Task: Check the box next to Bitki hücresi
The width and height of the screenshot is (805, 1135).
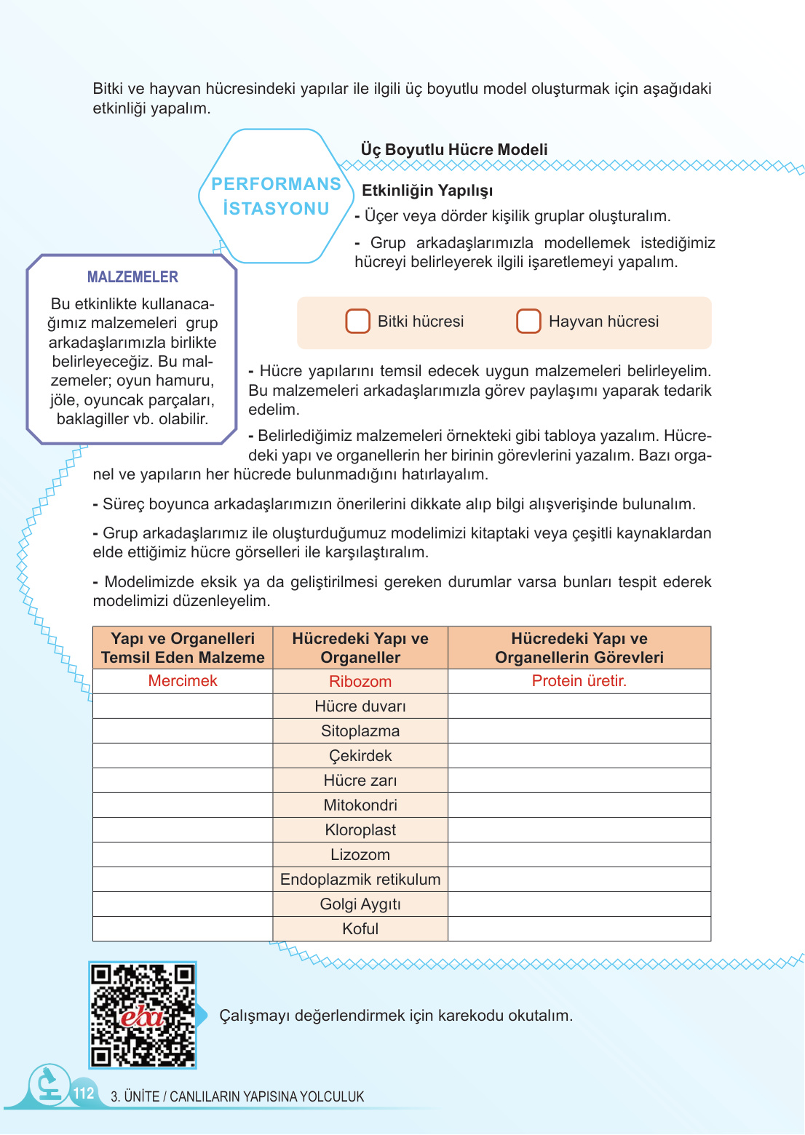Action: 357,321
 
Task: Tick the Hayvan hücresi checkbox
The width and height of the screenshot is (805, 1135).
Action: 528,321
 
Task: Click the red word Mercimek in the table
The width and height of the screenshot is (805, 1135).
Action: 183,681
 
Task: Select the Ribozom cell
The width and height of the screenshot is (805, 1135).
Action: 360,682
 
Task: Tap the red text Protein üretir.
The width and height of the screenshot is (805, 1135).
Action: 579,681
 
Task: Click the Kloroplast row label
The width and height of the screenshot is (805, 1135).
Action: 360,830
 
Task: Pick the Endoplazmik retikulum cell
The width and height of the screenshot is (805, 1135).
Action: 360,880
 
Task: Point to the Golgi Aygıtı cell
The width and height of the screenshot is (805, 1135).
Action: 360,904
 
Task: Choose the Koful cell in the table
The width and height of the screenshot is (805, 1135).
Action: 360,929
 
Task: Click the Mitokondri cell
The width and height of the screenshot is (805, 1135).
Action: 360,805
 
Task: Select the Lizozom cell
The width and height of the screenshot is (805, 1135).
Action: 360,855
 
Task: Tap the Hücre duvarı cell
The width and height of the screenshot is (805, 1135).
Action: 360,706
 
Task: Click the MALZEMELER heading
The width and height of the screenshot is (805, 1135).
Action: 132,277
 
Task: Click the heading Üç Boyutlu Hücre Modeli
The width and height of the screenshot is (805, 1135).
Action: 454,150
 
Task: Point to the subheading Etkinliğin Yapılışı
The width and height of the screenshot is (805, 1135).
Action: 427,191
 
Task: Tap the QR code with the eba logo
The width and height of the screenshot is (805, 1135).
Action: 143,1015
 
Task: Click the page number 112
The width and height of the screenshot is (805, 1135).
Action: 84,1093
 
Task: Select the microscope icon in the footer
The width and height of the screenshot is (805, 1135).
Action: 49,1084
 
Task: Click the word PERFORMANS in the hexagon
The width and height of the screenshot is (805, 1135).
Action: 276,184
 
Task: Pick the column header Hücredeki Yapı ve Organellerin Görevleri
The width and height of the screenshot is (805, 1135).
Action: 579,648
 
